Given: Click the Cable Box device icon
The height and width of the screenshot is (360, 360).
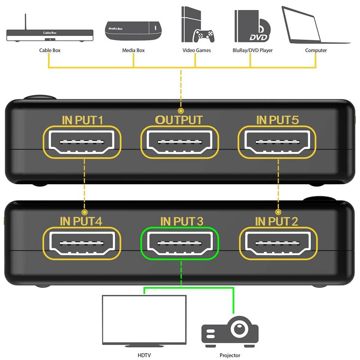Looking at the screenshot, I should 49,35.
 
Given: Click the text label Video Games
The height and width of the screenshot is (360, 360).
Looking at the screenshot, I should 196,50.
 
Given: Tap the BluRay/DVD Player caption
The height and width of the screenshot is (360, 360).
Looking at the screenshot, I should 252,50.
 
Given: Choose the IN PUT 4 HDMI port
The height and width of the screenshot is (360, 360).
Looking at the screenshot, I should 82,244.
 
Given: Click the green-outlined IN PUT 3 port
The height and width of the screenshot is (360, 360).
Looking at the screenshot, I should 180,244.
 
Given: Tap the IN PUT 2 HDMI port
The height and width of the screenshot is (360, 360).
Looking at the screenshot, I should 278,244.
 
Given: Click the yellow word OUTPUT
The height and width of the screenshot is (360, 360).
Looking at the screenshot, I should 179,120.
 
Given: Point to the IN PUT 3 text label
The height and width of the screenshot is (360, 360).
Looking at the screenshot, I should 181,221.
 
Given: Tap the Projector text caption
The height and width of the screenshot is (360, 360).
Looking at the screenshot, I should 230,355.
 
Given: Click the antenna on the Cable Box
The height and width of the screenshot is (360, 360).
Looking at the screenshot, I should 26,22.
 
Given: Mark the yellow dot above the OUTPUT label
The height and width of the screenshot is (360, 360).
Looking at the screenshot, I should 181,111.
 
